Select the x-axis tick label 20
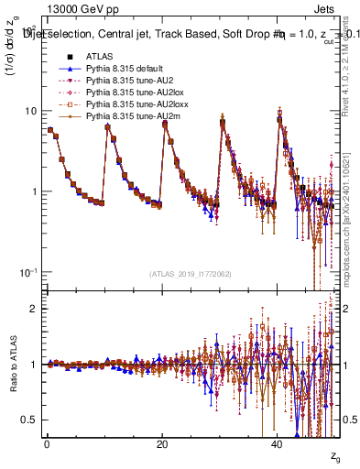coord(162,444)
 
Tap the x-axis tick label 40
coord(278,444)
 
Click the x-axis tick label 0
coord(47,444)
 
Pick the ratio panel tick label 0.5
coord(31,420)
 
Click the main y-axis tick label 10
coord(29,112)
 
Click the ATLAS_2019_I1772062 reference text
coord(191,273)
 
